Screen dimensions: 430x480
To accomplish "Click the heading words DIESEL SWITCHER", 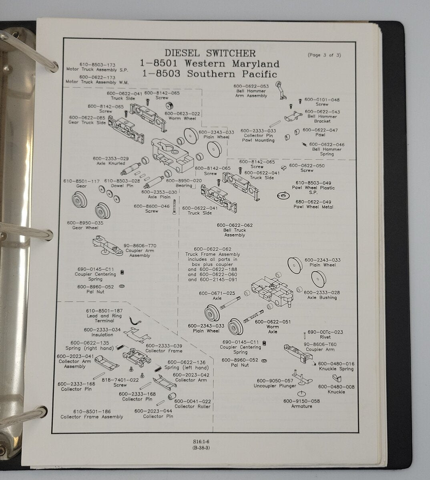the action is (x=210, y=53).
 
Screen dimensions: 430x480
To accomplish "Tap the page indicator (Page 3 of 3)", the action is (x=324, y=55).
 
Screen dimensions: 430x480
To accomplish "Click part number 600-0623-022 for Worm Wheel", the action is (x=182, y=114).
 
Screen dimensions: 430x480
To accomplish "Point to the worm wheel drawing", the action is (x=170, y=106).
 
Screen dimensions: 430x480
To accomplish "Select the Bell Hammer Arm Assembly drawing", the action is (x=281, y=90).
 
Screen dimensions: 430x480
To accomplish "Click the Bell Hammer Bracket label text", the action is (x=322, y=119).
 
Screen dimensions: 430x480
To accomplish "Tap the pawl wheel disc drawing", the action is (x=283, y=196).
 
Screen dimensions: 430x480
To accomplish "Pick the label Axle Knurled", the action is (x=111, y=164).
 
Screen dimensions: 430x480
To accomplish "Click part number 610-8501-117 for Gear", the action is (x=81, y=181).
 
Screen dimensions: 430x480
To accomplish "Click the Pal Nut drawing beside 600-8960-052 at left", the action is (x=122, y=286).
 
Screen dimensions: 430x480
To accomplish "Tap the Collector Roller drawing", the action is (x=172, y=396).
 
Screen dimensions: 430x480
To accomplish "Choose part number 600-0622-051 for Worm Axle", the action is (x=273, y=322).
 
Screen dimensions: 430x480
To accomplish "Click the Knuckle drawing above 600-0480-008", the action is (x=337, y=378).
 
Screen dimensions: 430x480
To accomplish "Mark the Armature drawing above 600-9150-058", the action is (x=301, y=393).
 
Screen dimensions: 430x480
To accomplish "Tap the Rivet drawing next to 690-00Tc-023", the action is (x=305, y=336).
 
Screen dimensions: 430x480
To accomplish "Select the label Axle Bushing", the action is (x=322, y=298).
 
